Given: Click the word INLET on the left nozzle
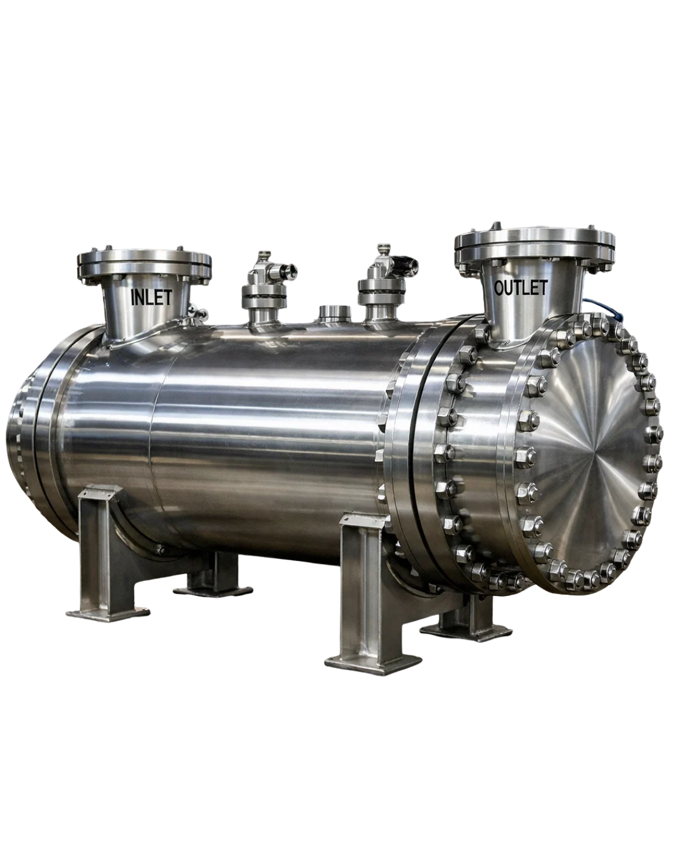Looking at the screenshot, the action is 151,297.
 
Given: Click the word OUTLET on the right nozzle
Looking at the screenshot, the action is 520,288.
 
